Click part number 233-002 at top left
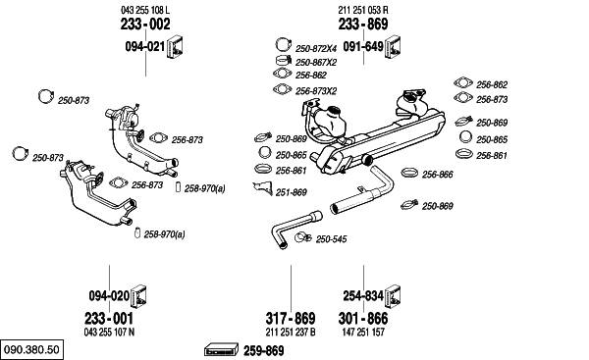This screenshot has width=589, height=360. pos(145,24)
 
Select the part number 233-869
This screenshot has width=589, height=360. pos(363,24)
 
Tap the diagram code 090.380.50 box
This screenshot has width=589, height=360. pos(32,350)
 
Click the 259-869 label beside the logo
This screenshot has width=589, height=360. pos(264,351)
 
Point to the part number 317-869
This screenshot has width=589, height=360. pos(291,319)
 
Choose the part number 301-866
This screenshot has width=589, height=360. pos(363,319)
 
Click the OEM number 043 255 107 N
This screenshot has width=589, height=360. pos(109,333)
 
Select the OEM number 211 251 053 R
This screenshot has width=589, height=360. pos(363,10)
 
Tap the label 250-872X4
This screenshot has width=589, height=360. pos(316,49)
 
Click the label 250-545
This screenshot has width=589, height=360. pos(331,239)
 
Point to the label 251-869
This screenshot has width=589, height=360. pos(292,192)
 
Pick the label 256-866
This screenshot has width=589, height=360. pos(437,175)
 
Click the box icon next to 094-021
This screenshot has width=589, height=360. pos(175,48)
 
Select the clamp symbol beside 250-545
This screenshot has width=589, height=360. pos(302,237)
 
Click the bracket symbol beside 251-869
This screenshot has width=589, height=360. pos(264,188)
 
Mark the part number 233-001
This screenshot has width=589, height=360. pos(109,319)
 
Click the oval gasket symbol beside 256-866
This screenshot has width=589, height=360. pos(409,173)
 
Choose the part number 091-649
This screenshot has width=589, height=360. pos(363,46)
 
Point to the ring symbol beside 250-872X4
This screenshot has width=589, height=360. pos(284,45)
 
